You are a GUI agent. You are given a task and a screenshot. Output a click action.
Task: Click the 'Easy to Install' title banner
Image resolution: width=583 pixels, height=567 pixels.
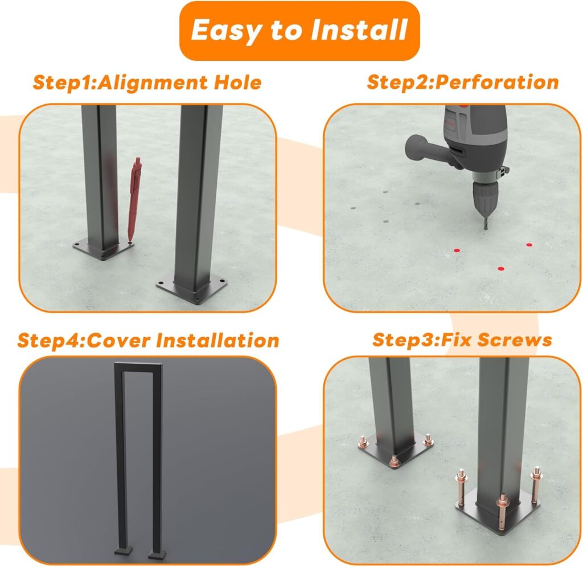[x=299, y=31]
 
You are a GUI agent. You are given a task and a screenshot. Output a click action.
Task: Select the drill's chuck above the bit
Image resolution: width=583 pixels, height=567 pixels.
[x=483, y=196]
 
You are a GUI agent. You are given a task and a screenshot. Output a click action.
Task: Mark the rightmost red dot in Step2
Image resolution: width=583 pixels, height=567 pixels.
[x=529, y=245]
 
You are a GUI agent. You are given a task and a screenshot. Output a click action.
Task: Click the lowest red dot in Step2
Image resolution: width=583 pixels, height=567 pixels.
[x=500, y=268]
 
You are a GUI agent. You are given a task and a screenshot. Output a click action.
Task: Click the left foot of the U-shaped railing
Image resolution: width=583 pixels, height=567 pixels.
[x=123, y=550]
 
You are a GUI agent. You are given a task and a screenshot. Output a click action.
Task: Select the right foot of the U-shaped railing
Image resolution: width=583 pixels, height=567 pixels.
[x=155, y=551]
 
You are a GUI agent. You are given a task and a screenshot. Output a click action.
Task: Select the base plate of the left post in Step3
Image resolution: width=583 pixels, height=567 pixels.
[x=396, y=455]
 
